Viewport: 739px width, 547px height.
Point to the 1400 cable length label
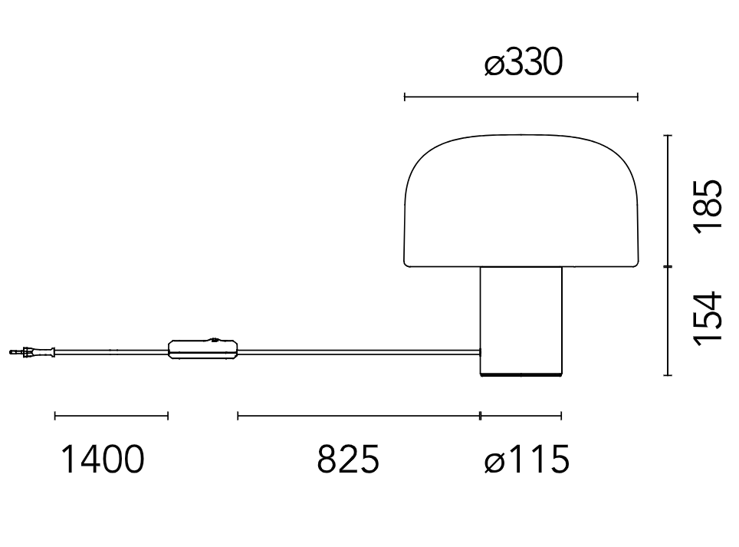coord(102,460)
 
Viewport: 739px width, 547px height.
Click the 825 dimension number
coord(348,460)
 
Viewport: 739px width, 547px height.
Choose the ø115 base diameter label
coord(527,460)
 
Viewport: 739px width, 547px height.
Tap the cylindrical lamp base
coord(521,318)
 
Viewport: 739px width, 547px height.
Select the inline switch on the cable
coord(203,348)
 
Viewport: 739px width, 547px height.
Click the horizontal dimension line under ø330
coord(521,97)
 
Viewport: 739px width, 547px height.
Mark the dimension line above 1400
coord(111,416)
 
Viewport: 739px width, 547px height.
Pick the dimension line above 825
coord(359,416)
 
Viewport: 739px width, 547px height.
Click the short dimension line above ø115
coord(521,416)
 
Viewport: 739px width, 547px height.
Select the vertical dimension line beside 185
coord(668,201)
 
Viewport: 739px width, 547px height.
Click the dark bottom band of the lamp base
coord(521,374)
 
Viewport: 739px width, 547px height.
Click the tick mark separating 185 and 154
coord(668,266)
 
